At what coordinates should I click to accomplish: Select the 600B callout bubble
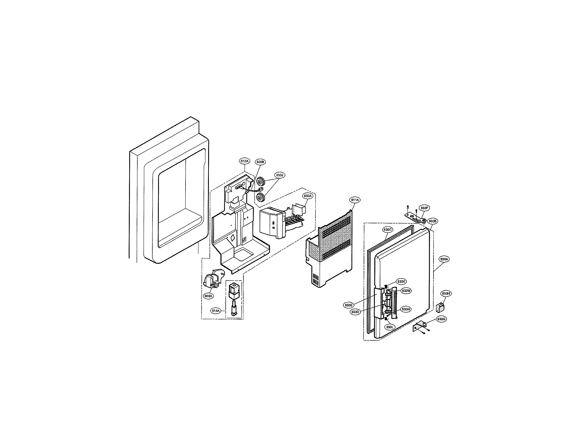[x=260, y=162]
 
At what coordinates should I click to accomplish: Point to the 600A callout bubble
[x=308, y=196]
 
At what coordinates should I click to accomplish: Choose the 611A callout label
[x=355, y=200]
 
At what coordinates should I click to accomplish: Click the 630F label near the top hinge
[x=425, y=208]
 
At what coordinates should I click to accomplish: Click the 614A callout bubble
[x=216, y=311]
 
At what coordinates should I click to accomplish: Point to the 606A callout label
[x=208, y=296]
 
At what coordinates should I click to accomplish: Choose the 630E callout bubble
[x=348, y=305]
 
